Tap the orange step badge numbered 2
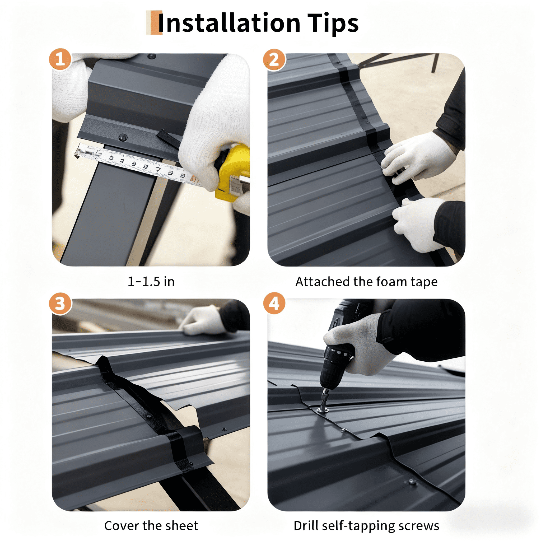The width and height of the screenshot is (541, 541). (274, 59)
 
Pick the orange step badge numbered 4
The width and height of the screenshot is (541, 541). (274, 304)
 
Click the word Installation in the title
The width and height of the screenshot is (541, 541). (229, 23)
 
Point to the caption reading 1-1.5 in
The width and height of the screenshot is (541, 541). (151, 282)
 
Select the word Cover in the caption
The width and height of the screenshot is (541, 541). (122, 526)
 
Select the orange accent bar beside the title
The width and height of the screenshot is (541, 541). (154, 23)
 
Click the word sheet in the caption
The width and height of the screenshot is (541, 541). (182, 526)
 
